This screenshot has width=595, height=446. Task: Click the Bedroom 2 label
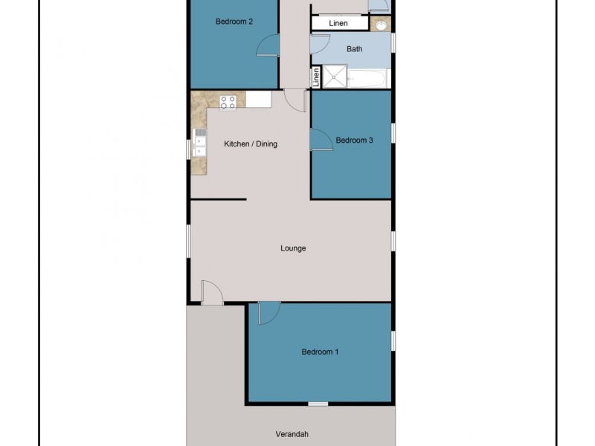pos(234,22)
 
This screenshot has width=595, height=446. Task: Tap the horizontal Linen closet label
pos(338,24)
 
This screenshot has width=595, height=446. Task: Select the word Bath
pos(355,49)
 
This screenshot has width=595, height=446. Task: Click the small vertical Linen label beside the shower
pos(316,77)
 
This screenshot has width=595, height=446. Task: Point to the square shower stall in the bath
pos(335,77)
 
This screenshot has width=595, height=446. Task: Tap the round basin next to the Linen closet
pos(382,25)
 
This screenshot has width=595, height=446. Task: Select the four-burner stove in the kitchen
pos(228,102)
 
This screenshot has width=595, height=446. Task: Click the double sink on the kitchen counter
pos(199,143)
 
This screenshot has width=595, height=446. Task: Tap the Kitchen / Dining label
pos(251,143)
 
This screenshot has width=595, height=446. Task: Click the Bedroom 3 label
pos(354,140)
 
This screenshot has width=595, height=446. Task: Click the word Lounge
pos(293,248)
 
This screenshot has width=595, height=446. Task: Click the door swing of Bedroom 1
pos(268,314)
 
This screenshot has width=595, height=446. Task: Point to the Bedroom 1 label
pos(320,352)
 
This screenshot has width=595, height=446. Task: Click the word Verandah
pos(291,434)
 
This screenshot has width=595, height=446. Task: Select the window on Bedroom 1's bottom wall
pos(318,404)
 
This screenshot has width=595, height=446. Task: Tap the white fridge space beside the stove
pos(258,100)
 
